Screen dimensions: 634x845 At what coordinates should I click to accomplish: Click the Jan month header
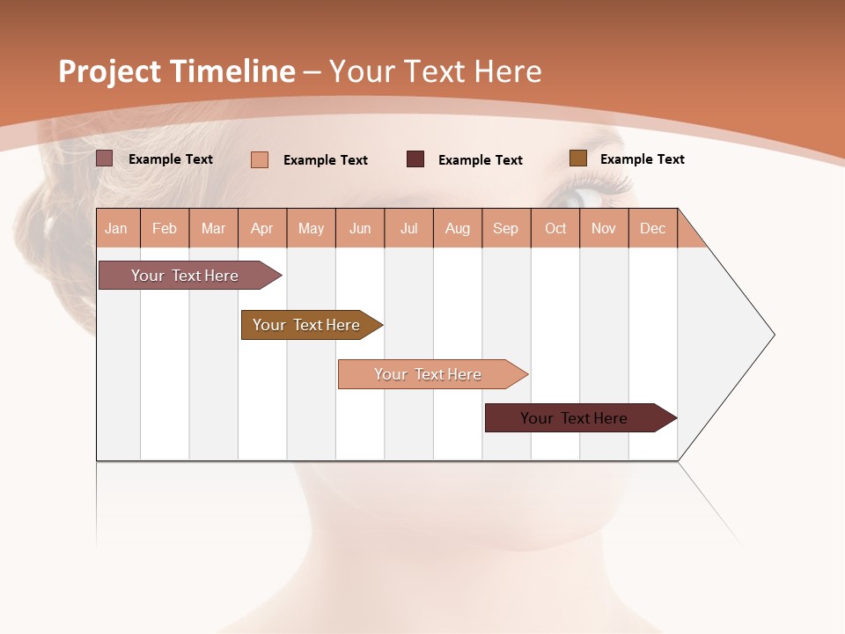(x=117, y=228)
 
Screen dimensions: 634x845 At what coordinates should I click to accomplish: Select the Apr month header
(x=261, y=228)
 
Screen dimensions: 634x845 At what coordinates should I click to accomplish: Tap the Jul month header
(x=408, y=228)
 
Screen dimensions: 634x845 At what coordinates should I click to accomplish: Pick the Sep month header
(x=505, y=228)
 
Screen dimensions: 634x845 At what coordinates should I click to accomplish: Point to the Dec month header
(x=652, y=228)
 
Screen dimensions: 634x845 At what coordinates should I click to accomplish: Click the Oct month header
(x=555, y=228)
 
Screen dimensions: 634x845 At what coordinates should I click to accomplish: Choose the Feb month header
(x=165, y=228)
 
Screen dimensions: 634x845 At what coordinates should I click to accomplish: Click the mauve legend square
(x=104, y=158)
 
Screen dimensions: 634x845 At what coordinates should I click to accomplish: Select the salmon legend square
(x=259, y=159)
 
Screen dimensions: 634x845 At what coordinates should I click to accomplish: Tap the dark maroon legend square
(x=415, y=159)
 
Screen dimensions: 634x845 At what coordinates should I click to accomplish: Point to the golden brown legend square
(x=577, y=158)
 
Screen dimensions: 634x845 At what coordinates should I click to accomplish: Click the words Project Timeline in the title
(x=176, y=71)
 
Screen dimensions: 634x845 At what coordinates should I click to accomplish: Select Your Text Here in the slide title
(x=435, y=71)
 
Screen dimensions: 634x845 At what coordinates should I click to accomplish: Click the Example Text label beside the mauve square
(x=171, y=159)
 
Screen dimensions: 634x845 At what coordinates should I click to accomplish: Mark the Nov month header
(x=604, y=228)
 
